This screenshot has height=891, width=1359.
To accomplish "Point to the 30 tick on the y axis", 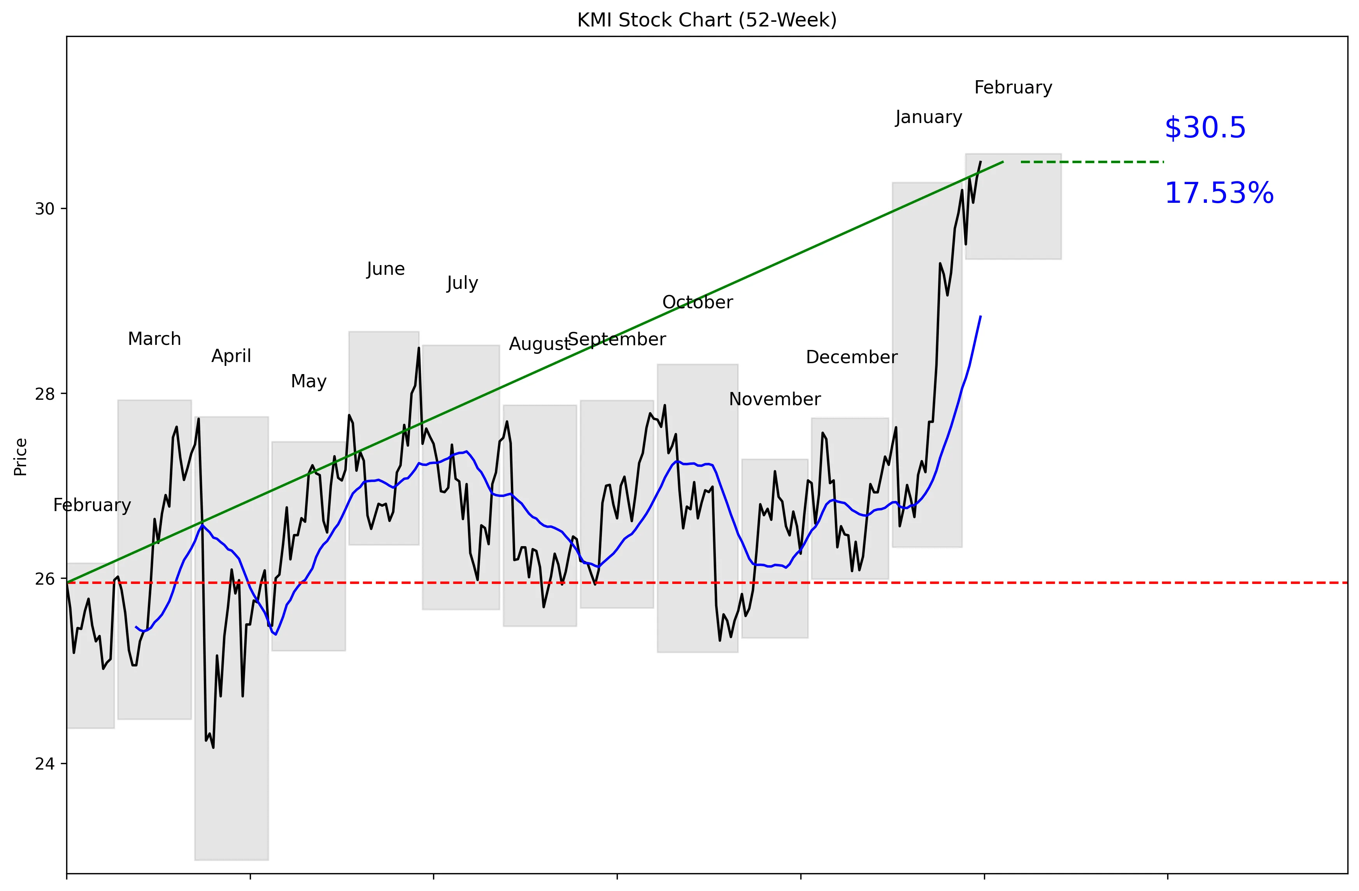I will (x=44, y=209).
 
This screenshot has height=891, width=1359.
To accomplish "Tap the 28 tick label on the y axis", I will (x=44, y=394).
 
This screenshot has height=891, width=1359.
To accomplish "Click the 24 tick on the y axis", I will (x=44, y=764).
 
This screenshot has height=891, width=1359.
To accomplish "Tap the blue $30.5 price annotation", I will (x=1205, y=128).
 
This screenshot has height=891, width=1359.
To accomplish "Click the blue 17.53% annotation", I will (x=1219, y=193).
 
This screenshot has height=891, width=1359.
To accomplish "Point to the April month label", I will (x=231, y=357).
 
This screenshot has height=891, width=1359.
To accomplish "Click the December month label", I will (x=851, y=358).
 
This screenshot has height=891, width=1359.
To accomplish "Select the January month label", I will (x=928, y=118).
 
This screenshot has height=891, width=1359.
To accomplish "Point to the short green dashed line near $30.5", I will (x=1092, y=162).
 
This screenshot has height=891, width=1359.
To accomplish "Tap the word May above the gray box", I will (x=309, y=381).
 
